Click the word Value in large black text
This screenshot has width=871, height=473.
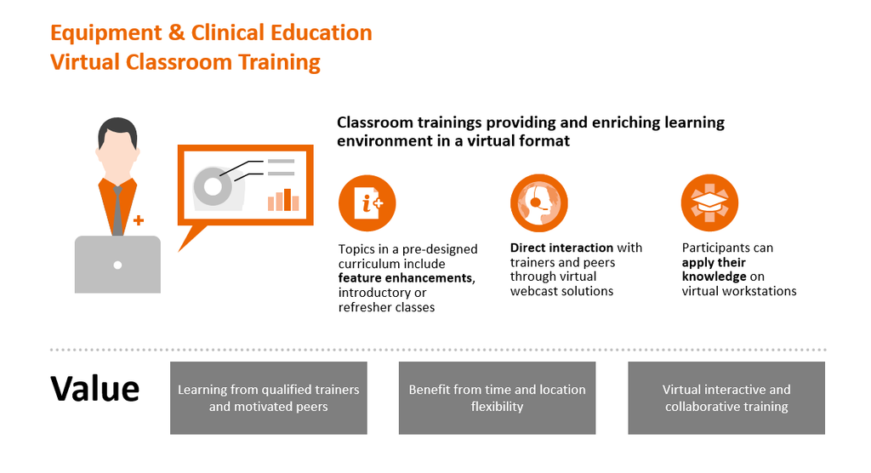(95, 388)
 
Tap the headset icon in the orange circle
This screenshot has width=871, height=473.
(538, 203)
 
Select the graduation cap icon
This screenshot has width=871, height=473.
(709, 202)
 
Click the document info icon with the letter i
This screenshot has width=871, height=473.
(367, 203)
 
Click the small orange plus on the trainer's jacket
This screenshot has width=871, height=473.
(139, 220)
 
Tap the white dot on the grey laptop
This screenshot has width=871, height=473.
(117, 265)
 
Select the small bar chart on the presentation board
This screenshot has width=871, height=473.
(284, 200)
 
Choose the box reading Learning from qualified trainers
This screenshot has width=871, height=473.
(269, 398)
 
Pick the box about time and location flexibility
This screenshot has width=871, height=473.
(497, 398)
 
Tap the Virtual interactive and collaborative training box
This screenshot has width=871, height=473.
(726, 398)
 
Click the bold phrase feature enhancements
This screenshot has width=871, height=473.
(406, 278)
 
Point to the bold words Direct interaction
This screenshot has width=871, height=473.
(561, 248)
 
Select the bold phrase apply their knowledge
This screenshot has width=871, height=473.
(714, 270)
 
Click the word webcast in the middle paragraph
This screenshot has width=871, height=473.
(533, 291)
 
